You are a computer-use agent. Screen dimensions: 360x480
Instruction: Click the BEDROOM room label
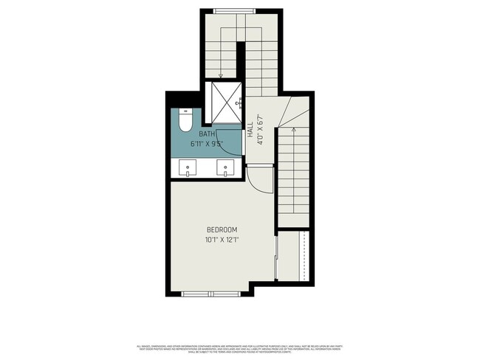coord(222,229)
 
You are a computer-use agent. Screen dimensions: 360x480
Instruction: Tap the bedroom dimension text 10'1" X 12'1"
coord(222,239)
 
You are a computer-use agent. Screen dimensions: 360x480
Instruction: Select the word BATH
coord(206,134)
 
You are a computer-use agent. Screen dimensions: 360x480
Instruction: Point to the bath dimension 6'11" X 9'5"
coord(206,144)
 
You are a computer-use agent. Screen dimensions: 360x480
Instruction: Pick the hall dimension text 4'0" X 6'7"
coord(260,128)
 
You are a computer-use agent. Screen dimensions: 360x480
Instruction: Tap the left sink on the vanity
coord(188,169)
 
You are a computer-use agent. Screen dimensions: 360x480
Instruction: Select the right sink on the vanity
coord(226,169)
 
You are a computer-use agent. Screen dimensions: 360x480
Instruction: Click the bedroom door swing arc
coord(256,176)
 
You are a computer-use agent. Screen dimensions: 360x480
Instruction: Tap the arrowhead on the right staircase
coord(293,131)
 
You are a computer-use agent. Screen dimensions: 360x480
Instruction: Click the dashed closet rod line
coord(303,255)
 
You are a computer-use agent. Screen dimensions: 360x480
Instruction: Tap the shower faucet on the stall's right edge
coord(239,104)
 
